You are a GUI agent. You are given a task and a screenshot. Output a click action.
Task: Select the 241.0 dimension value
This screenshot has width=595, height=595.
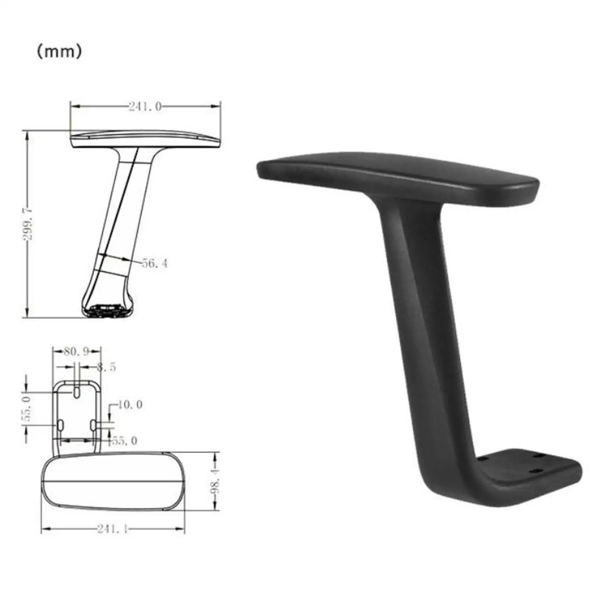145,107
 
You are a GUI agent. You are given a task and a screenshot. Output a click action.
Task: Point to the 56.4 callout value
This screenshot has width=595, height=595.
155,264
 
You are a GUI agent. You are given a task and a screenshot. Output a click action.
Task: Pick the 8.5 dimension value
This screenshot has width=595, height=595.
106,367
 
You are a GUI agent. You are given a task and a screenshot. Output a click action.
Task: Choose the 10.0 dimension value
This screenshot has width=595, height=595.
130,405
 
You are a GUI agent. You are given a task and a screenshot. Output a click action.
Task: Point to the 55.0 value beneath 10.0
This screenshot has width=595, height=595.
125,441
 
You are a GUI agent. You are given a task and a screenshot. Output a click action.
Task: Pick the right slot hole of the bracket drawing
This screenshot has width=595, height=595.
93,424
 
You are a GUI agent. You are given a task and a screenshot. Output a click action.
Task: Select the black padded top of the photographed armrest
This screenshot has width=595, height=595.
398,175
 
